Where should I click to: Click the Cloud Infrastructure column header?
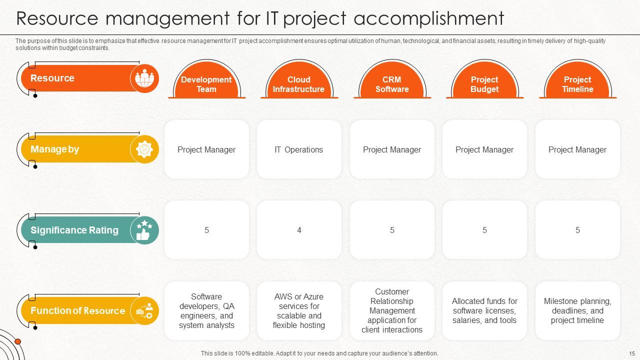(298, 84)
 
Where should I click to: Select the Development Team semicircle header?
(206, 84)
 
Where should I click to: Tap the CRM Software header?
(392, 84)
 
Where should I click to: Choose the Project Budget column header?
(484, 84)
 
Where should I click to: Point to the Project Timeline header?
(577, 84)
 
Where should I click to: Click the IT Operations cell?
(298, 149)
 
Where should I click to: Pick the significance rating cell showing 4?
(299, 230)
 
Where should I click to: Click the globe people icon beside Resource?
(144, 78)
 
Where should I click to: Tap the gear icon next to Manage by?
(144, 149)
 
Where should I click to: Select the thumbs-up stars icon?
(144, 230)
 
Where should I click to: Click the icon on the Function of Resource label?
(144, 311)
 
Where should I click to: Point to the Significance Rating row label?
(74, 230)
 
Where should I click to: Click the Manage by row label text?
(55, 149)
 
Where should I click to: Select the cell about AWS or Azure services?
(299, 311)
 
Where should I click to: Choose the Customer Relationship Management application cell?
(392, 311)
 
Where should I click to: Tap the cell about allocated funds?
(484, 311)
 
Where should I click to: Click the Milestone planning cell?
(577, 311)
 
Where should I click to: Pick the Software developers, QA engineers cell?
(206, 311)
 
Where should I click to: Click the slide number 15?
(631, 353)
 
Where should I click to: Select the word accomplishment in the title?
(428, 18)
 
